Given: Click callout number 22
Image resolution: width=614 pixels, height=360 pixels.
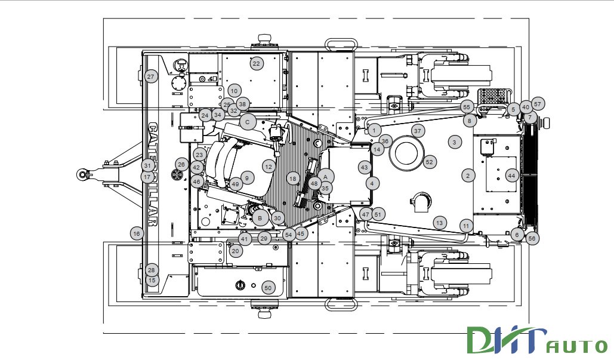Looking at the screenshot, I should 257,63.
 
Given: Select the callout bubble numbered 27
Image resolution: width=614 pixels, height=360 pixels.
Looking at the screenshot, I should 151,76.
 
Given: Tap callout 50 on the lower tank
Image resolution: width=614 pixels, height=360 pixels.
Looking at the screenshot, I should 268,288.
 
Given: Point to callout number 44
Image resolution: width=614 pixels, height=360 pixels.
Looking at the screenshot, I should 511,176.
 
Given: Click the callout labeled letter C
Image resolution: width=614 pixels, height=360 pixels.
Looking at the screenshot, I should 248,122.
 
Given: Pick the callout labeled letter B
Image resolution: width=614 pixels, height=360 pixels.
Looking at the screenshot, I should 260,219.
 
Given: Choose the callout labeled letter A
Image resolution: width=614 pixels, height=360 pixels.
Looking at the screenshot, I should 326,176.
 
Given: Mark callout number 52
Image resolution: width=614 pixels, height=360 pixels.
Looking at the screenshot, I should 430,162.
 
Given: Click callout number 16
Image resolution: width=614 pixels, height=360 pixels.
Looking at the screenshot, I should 137,233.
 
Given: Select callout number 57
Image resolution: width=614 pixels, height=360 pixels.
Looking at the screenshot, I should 538,104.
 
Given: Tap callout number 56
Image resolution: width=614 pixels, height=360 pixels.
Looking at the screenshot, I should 532,238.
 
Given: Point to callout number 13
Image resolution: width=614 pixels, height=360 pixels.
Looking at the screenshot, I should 440,223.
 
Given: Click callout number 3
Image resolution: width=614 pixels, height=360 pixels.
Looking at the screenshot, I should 455,142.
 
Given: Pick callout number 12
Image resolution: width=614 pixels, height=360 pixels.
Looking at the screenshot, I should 269,167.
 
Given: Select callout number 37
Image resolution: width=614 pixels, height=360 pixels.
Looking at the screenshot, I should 417,131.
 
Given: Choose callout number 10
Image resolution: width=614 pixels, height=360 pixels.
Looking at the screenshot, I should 234,91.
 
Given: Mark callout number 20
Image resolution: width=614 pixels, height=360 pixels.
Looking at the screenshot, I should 236,251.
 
